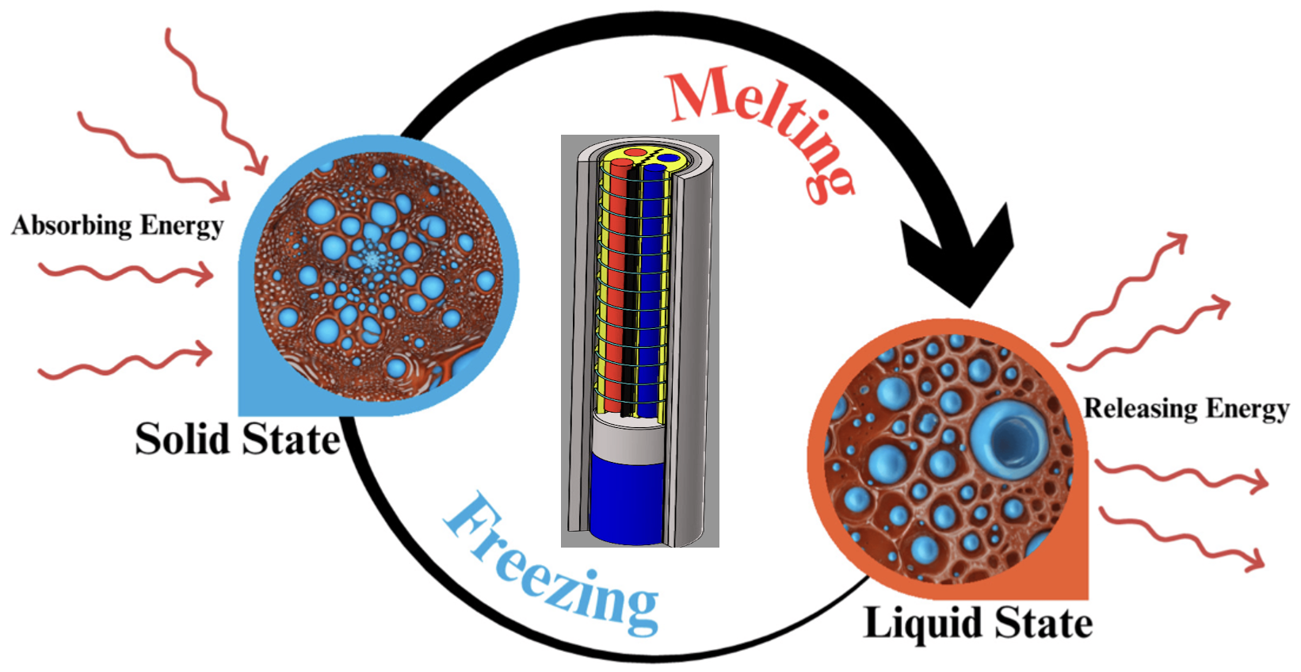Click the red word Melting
click(757, 127)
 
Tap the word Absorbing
click(72, 226)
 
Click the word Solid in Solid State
click(183, 439)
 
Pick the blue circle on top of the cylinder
click(670, 158)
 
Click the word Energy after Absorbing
click(181, 226)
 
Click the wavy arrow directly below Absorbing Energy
click(127, 273)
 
